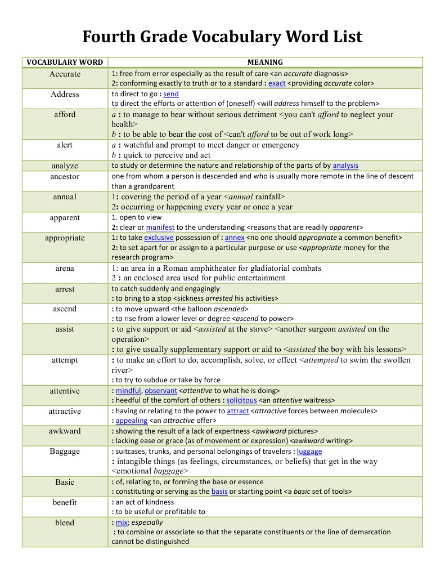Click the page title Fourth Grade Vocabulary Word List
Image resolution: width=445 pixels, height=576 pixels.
[x=222, y=37]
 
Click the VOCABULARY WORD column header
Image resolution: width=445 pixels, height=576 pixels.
[x=65, y=62]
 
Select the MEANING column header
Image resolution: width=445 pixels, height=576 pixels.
[x=265, y=62]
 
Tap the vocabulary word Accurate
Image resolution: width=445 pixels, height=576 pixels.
[x=65, y=74]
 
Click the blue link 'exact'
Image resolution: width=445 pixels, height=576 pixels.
[x=277, y=83]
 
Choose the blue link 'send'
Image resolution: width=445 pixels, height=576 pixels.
[x=171, y=94]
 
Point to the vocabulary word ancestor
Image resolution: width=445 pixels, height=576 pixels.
[x=65, y=176]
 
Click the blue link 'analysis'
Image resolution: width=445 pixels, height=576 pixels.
[x=345, y=166]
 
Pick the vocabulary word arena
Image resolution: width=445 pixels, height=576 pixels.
[x=65, y=269]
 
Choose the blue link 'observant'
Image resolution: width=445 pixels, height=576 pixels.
[x=161, y=390]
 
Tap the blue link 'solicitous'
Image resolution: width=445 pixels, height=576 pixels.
[x=241, y=400]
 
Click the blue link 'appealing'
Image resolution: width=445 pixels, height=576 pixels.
[x=132, y=421]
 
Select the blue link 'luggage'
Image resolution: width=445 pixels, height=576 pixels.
[x=309, y=451]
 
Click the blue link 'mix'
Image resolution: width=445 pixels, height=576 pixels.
[x=122, y=523]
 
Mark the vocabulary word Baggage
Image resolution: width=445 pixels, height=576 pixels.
[x=65, y=451]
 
